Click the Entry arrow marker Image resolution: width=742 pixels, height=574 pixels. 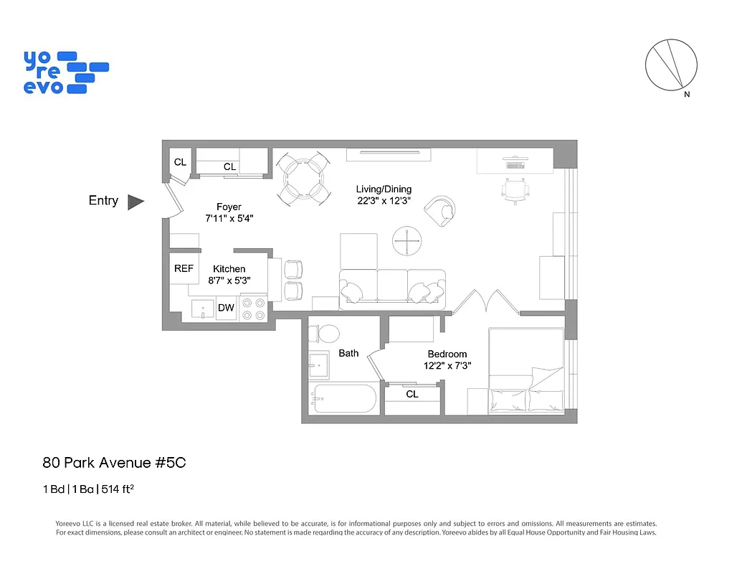tap(135, 202)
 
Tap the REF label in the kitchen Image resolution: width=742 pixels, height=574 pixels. tap(184, 268)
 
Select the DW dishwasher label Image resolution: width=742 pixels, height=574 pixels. tap(226, 308)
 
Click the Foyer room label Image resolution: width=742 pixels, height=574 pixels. tap(229, 207)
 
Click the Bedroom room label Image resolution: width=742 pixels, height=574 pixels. tap(447, 354)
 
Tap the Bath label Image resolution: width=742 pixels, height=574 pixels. tap(348, 353)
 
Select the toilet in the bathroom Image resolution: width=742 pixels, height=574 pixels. tap(327, 334)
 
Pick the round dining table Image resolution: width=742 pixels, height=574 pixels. tap(304, 178)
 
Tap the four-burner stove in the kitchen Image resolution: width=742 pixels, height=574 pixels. tap(253, 309)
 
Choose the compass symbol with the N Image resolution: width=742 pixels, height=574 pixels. tap(671, 65)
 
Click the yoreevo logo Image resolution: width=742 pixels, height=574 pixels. tap(65, 72)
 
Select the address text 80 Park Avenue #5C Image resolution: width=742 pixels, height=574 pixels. tap(114, 463)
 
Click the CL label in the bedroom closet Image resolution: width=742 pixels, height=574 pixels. tap(412, 394)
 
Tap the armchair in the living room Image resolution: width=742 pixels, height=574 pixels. tap(439, 210)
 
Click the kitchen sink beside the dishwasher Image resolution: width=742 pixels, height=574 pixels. tap(202, 310)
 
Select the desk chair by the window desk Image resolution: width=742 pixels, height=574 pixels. tap(515, 190)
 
